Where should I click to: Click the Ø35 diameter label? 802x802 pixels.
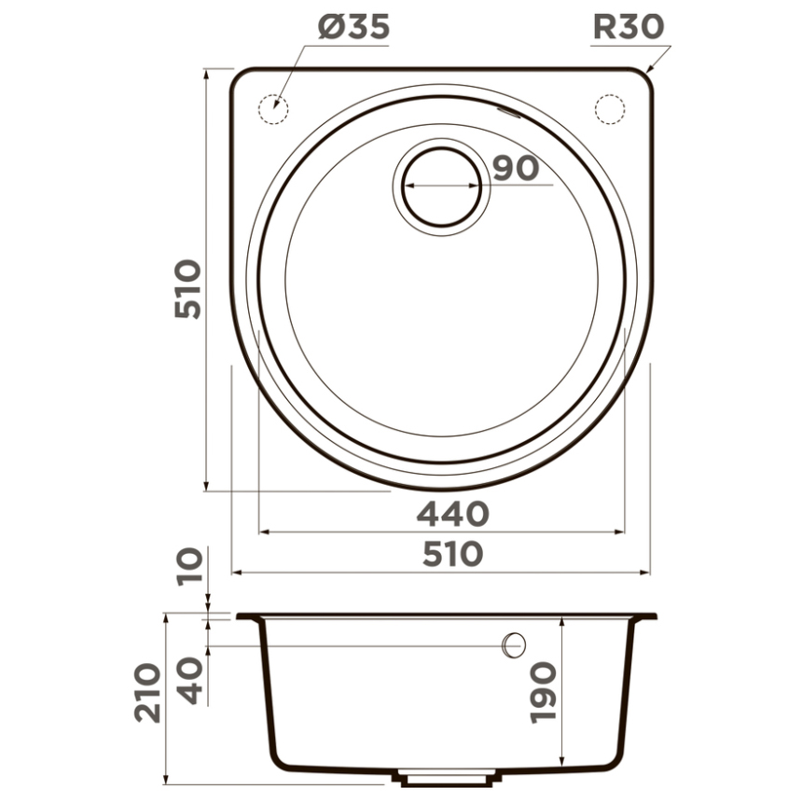(353, 27)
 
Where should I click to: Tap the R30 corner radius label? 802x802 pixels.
(629, 27)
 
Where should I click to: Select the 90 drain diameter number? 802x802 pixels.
(516, 168)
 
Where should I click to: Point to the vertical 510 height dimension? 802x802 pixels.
(187, 289)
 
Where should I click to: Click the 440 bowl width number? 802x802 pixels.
(453, 514)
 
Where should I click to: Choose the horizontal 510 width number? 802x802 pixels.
(453, 555)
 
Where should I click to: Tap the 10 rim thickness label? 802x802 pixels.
(189, 567)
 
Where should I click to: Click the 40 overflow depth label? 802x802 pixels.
(189, 681)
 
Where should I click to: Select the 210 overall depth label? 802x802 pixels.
(148, 693)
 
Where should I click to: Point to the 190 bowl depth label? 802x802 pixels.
(543, 693)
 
